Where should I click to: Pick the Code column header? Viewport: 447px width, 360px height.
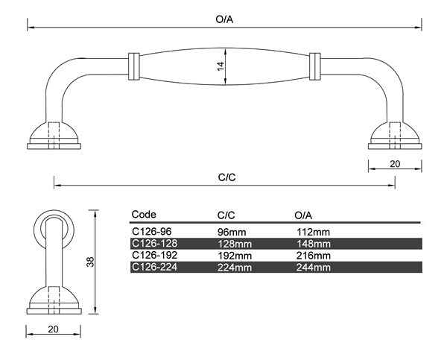pyautogui.click(x=144, y=214)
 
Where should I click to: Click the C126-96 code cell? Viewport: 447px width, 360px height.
pyautogui.click(x=151, y=232)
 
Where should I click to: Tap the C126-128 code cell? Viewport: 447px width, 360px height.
pyautogui.click(x=153, y=243)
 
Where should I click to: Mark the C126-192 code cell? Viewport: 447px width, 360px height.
pyautogui.click(x=153, y=255)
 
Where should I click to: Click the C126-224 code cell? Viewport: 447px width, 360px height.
pyautogui.click(x=153, y=267)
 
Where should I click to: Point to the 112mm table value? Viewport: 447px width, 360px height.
pyautogui.click(x=312, y=232)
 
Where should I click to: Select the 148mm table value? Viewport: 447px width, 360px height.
pyautogui.click(x=313, y=243)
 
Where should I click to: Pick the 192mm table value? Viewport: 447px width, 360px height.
pyautogui.click(x=233, y=255)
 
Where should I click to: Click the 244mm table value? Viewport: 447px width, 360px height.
pyautogui.click(x=313, y=267)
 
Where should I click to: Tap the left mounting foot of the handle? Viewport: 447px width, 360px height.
pyautogui.click(x=54, y=136)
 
